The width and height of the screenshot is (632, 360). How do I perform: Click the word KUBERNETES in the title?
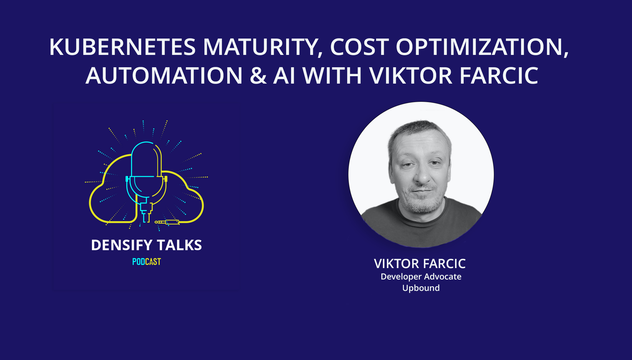pos(122,47)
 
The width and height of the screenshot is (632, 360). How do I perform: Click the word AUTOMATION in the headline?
pos(164,76)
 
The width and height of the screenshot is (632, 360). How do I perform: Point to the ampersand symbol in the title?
pos(258,76)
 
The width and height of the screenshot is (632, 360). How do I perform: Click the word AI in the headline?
pos(284,76)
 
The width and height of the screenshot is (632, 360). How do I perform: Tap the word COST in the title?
pos(359,47)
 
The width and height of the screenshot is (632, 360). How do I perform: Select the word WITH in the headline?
pos(332,76)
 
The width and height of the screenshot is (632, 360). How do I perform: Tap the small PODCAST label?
pos(146,262)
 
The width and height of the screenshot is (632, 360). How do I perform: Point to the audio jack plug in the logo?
pos(167,222)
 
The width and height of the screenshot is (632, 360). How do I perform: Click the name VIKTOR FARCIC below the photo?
pos(420,264)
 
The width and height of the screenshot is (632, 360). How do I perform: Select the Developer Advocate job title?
pos(421,277)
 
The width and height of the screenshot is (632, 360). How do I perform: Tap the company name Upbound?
pos(421,288)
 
